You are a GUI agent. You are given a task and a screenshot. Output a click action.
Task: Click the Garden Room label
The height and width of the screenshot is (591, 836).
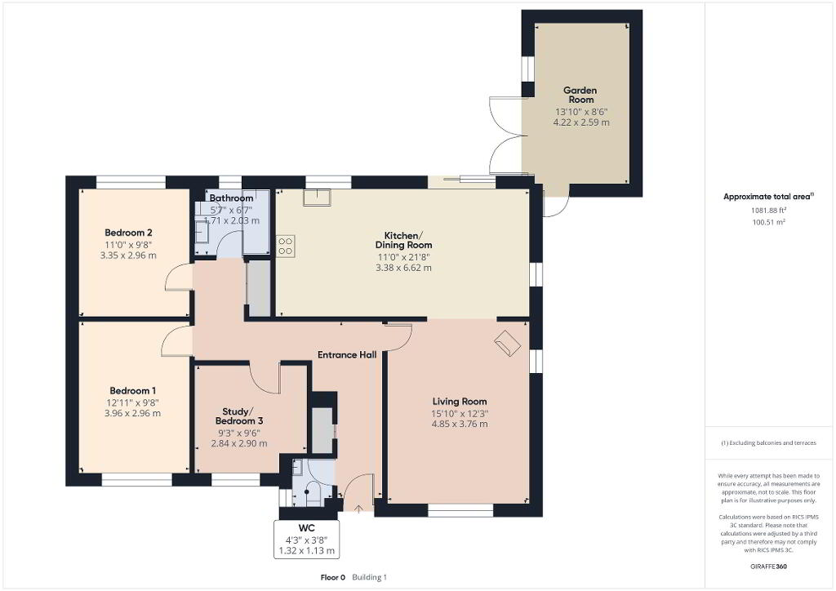580,95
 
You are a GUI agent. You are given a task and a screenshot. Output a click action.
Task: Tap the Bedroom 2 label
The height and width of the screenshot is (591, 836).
128,233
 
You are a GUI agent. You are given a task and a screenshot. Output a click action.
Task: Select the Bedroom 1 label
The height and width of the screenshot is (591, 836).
133,391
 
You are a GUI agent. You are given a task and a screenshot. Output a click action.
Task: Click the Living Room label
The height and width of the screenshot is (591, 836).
460,402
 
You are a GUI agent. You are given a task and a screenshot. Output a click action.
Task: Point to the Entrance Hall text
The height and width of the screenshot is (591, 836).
347,355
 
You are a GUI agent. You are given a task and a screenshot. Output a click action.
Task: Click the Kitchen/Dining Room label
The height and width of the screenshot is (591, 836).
403,240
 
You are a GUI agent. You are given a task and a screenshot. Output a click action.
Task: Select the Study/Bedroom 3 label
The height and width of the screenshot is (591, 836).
239,416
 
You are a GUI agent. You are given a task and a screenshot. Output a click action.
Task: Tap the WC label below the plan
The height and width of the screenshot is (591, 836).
307,528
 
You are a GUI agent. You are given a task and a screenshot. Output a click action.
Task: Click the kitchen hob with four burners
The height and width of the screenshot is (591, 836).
285,246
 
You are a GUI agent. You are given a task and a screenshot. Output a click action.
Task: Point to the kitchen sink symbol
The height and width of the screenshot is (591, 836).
317,198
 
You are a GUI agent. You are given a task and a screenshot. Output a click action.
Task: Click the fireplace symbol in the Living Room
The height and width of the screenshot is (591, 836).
507,343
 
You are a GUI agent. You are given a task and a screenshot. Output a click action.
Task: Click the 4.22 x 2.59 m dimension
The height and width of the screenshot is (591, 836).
581,122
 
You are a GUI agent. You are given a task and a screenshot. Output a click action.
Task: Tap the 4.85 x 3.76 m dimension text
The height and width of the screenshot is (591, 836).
460,424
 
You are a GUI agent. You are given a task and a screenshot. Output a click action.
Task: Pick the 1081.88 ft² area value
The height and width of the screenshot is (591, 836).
769,210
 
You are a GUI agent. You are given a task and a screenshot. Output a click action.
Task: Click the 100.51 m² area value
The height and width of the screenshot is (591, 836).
769,222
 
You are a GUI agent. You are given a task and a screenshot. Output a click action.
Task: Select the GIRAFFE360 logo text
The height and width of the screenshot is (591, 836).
768,567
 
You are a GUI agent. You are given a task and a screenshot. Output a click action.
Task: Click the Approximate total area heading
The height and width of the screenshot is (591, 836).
769,197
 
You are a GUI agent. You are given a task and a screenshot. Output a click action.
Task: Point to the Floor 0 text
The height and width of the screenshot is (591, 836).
333,577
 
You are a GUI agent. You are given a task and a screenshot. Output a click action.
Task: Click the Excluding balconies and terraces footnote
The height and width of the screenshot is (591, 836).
768,443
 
